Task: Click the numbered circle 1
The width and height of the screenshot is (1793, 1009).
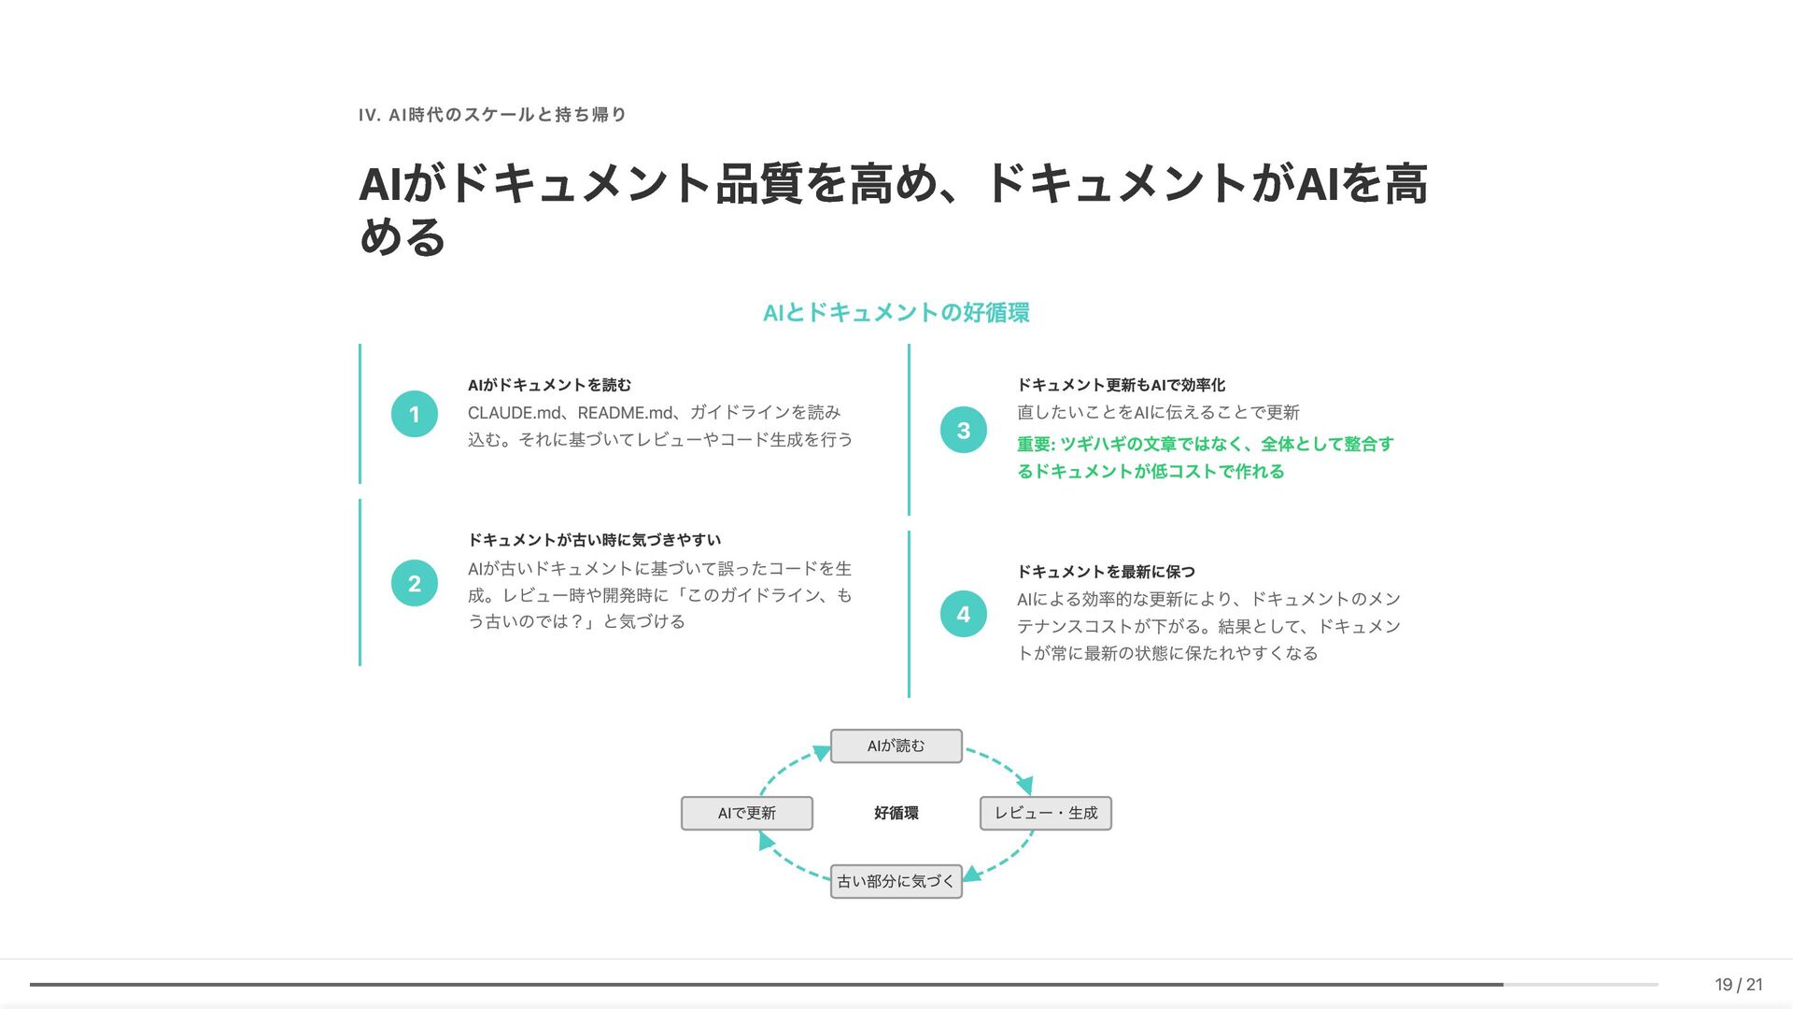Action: pos(415,414)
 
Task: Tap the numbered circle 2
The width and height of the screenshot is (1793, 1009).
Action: pos(415,583)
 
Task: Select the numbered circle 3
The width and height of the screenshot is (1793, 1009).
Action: pos(964,430)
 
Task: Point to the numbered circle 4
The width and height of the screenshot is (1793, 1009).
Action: pos(964,614)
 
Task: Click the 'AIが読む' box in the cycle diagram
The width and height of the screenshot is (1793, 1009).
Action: pos(896,746)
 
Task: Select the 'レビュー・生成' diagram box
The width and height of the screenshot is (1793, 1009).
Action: pos(1045,813)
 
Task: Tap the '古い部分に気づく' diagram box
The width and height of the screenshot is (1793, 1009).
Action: pos(896,881)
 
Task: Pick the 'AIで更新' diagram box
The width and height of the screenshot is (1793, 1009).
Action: pos(746,813)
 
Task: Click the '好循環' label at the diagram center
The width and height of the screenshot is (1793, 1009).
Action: pos(896,813)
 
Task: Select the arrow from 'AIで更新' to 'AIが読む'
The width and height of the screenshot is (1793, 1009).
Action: pos(789,766)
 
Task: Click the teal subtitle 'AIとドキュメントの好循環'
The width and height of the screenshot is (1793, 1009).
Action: pos(896,313)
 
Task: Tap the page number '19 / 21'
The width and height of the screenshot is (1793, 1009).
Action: pos(1738,984)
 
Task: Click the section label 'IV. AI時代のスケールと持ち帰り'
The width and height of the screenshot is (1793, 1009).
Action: pos(492,115)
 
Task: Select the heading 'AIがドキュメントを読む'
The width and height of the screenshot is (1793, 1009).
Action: pos(549,385)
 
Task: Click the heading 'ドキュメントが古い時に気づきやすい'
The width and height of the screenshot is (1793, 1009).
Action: pos(594,540)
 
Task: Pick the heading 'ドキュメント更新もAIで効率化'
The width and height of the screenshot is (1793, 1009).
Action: pos(1121,385)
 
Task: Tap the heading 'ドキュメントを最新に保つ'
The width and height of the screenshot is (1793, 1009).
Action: pos(1106,572)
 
